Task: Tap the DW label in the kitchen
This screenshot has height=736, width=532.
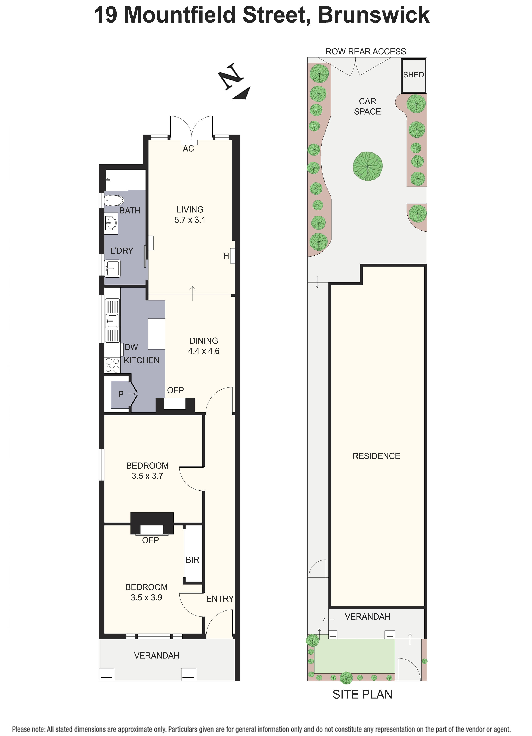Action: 131,347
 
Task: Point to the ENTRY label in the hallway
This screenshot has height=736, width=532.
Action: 220,599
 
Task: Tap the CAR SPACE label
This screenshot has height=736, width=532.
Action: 367,106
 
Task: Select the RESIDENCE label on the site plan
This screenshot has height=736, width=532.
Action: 376,456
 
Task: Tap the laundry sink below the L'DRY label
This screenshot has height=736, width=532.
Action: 112,268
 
